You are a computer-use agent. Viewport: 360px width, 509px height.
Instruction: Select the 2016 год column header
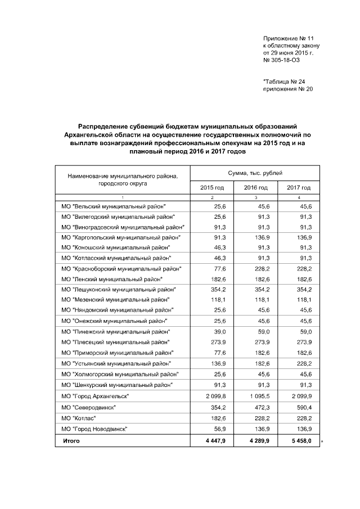pos(256,187)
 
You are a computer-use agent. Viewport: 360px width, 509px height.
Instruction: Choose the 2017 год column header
pos(299,187)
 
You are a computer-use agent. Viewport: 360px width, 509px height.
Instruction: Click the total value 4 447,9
pos(215,441)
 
